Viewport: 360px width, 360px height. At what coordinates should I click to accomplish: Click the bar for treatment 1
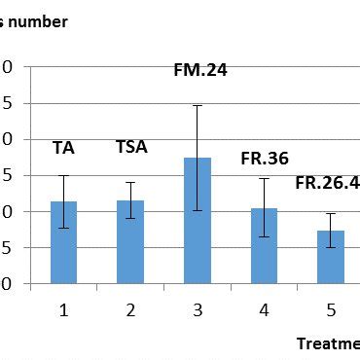64,243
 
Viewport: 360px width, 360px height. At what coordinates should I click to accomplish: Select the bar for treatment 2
130,242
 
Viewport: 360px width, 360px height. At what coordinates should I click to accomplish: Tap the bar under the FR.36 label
264,246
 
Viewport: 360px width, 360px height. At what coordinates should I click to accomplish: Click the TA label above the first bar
64,149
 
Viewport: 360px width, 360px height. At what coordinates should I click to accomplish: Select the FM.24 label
199,70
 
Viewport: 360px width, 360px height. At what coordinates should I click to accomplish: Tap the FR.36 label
265,160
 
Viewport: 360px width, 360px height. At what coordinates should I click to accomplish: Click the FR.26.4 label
327,182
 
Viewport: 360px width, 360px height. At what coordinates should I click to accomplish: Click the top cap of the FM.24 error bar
198,105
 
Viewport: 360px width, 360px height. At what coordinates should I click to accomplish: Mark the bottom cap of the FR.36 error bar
264,236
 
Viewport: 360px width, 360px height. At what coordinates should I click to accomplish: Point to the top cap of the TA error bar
64,176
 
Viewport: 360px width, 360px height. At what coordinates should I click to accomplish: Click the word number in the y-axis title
40,21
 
